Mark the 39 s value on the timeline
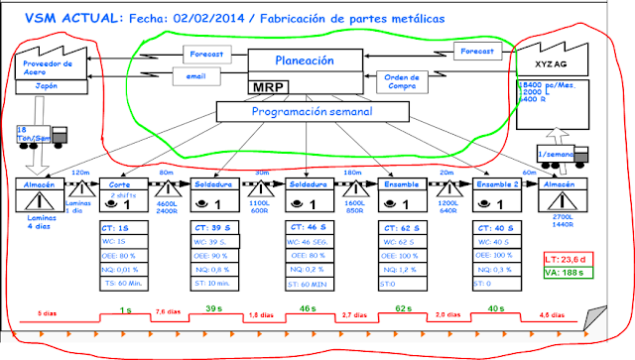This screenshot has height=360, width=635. tap(214, 309)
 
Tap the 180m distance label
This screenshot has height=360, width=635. tap(352, 174)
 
